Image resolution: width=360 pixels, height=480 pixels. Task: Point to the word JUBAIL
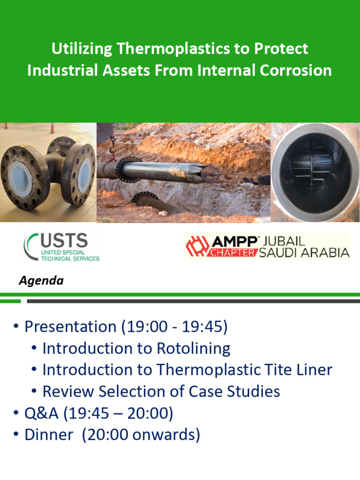[x=285, y=241]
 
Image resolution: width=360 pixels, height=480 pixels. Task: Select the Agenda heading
[x=41, y=281]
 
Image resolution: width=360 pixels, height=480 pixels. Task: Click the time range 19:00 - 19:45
[x=174, y=327]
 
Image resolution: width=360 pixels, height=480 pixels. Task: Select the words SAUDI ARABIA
[x=307, y=252]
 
